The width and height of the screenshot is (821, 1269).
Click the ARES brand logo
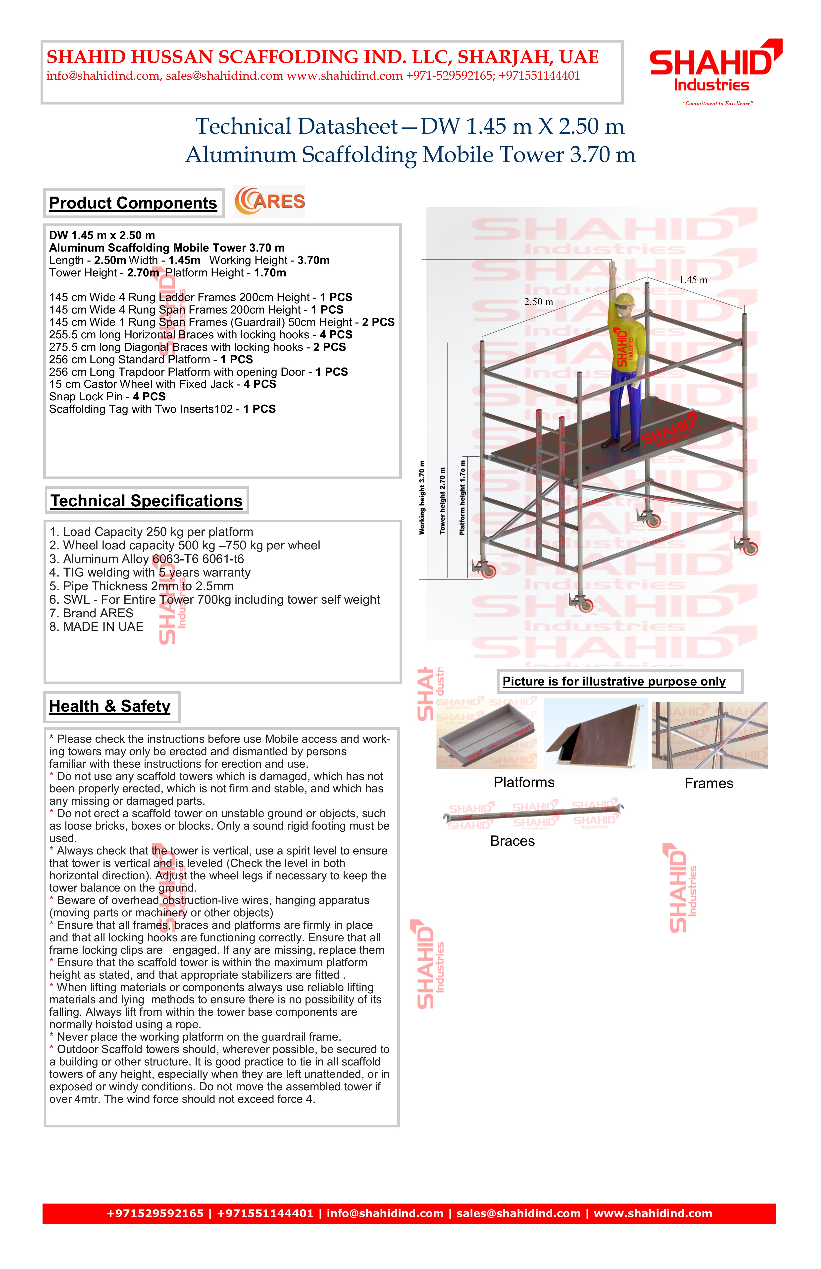coord(270,202)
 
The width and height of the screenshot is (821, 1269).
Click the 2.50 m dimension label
coord(538,302)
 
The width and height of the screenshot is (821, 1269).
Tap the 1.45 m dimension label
coord(693,280)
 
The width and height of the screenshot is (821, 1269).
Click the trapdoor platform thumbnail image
coord(595,735)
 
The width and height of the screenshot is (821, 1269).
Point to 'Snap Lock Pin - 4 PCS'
coord(107,397)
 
